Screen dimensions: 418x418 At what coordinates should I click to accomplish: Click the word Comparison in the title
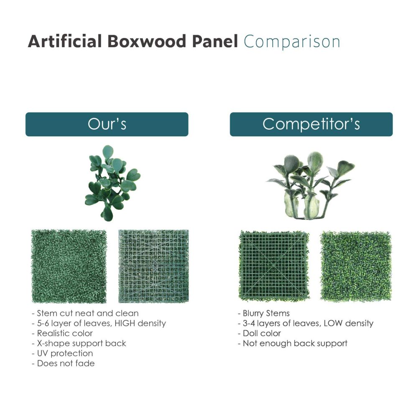[292, 42]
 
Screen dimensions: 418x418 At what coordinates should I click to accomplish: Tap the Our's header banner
[107, 124]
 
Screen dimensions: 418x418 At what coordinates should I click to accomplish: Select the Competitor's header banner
[311, 124]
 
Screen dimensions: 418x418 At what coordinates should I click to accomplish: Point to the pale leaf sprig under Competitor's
[310, 185]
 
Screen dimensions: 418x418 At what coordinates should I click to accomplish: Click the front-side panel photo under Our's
[69, 266]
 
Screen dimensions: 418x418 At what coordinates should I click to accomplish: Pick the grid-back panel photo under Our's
[153, 266]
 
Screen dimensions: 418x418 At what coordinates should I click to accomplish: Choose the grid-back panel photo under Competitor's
[274, 265]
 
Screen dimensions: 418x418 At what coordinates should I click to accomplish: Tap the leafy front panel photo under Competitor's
[356, 266]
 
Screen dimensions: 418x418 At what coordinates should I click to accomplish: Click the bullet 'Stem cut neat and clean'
[85, 313]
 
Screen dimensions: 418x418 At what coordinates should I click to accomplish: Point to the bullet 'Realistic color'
[62, 333]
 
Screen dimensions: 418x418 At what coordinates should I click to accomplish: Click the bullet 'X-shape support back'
[79, 343]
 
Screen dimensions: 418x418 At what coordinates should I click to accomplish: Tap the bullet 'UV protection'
[62, 353]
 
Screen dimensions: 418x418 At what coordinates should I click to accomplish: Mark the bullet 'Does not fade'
[63, 363]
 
